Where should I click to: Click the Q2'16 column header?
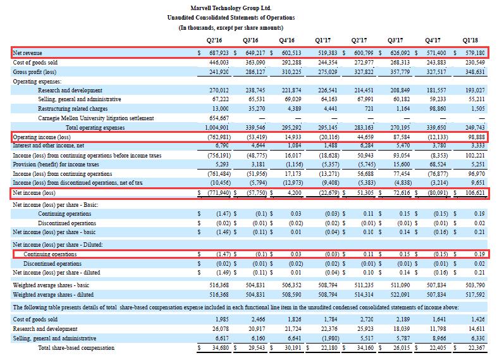214,40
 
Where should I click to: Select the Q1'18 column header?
470,40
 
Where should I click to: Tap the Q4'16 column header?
286,40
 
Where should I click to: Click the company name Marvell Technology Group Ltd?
231,8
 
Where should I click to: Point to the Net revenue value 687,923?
219,53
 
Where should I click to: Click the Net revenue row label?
27,53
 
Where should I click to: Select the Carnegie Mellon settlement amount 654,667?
219,118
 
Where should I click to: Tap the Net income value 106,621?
475,193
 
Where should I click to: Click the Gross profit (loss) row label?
35,72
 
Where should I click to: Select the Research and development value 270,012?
219,90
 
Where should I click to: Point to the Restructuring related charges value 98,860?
436,109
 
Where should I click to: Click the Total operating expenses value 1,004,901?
217,128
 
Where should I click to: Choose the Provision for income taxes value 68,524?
436,164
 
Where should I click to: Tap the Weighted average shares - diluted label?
53,295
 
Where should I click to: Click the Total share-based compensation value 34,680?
220,348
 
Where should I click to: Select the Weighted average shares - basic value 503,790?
475,285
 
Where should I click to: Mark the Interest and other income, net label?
48,146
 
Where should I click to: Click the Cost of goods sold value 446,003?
219,63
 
